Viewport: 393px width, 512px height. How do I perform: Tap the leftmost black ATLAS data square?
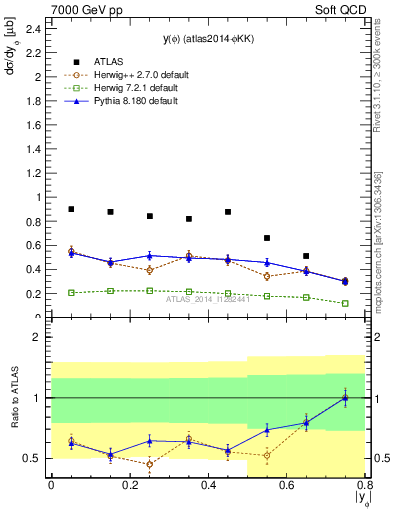tap(71, 209)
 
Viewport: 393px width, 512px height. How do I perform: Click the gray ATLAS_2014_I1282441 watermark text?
tap(207, 299)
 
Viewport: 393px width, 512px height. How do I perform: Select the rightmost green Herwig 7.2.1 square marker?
tap(345, 303)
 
